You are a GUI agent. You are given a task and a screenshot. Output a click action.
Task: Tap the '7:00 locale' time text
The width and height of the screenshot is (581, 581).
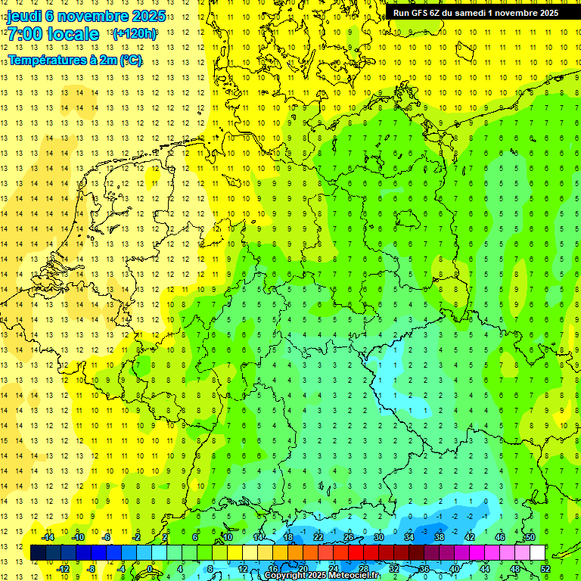tap(53, 34)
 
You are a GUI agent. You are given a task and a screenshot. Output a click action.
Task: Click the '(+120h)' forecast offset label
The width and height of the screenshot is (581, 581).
tap(135, 33)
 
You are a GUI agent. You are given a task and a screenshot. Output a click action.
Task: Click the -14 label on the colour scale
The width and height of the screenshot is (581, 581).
tap(48, 537)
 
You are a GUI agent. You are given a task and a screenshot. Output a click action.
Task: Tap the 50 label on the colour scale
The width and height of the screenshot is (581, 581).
tap(530, 537)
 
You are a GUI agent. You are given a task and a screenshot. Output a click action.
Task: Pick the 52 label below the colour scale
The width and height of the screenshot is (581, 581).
tap(545, 569)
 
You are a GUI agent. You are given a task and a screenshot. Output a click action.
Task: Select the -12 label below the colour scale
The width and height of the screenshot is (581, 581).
tap(63, 569)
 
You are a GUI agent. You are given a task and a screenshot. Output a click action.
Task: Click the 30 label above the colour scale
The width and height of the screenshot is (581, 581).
tap(379, 537)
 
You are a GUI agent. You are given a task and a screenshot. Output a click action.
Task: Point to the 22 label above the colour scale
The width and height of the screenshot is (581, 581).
tap(318, 537)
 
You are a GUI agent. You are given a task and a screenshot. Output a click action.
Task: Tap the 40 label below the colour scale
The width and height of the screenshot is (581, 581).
tap(454, 569)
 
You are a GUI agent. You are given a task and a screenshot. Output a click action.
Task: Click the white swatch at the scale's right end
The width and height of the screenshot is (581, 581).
tap(537, 553)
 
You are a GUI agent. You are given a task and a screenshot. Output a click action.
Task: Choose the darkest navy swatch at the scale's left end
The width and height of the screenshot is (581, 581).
tap(38, 553)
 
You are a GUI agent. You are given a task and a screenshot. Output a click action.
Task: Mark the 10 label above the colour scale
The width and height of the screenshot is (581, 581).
tap(228, 537)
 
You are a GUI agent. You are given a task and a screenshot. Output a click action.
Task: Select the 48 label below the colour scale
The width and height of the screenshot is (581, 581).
tap(514, 569)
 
